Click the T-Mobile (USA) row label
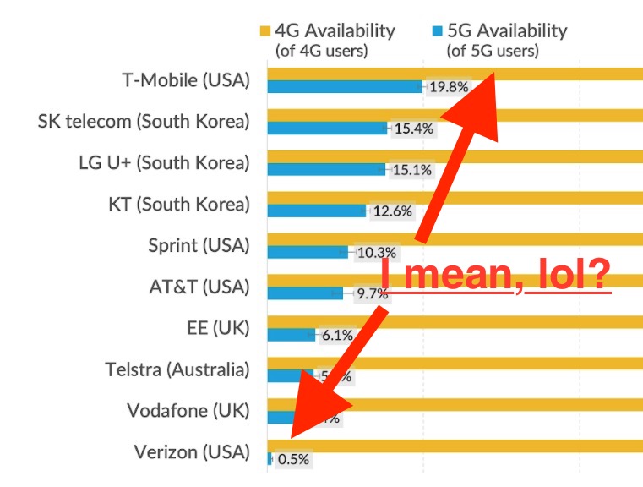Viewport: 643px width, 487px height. tap(186, 81)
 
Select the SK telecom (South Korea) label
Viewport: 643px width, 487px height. tap(144, 122)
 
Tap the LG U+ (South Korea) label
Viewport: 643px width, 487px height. tap(164, 162)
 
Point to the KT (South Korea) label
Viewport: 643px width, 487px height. tap(179, 204)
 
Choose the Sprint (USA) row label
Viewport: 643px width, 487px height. tap(199, 245)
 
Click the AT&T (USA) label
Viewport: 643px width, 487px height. tap(199, 287)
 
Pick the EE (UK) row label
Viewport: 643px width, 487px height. tap(218, 328)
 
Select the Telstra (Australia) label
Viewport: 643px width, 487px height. tap(177, 369)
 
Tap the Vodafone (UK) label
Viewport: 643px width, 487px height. tap(188, 411)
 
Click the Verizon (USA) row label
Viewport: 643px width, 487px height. tap(192, 452)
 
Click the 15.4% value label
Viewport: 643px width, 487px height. tap(413, 129)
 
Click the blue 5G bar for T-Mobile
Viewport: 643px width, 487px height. tap(345, 86)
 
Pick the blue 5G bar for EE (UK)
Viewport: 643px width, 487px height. tap(291, 335)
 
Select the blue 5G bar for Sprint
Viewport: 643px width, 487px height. tap(308, 252)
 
